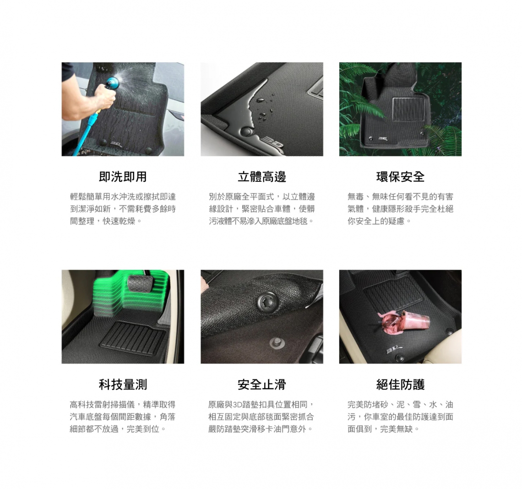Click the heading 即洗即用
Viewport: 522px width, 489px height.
(123, 177)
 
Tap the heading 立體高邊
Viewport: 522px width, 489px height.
(261, 177)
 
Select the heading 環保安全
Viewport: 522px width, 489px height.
(400, 177)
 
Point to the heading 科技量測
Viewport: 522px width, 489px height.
(123, 385)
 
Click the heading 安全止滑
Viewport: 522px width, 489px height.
(261, 385)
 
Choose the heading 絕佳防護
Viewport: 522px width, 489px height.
(400, 385)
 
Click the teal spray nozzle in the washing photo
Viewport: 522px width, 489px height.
(111, 84)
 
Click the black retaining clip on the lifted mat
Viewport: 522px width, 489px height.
(267, 302)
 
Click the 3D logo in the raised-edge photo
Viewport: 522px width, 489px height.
(274, 144)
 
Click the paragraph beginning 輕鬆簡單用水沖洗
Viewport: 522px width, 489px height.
(123, 209)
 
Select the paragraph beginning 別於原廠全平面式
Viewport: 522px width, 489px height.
(261, 209)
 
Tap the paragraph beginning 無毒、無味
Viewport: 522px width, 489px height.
(400, 209)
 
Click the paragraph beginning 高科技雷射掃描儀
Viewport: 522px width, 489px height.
(123, 417)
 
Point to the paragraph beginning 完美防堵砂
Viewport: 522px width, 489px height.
(400, 417)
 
